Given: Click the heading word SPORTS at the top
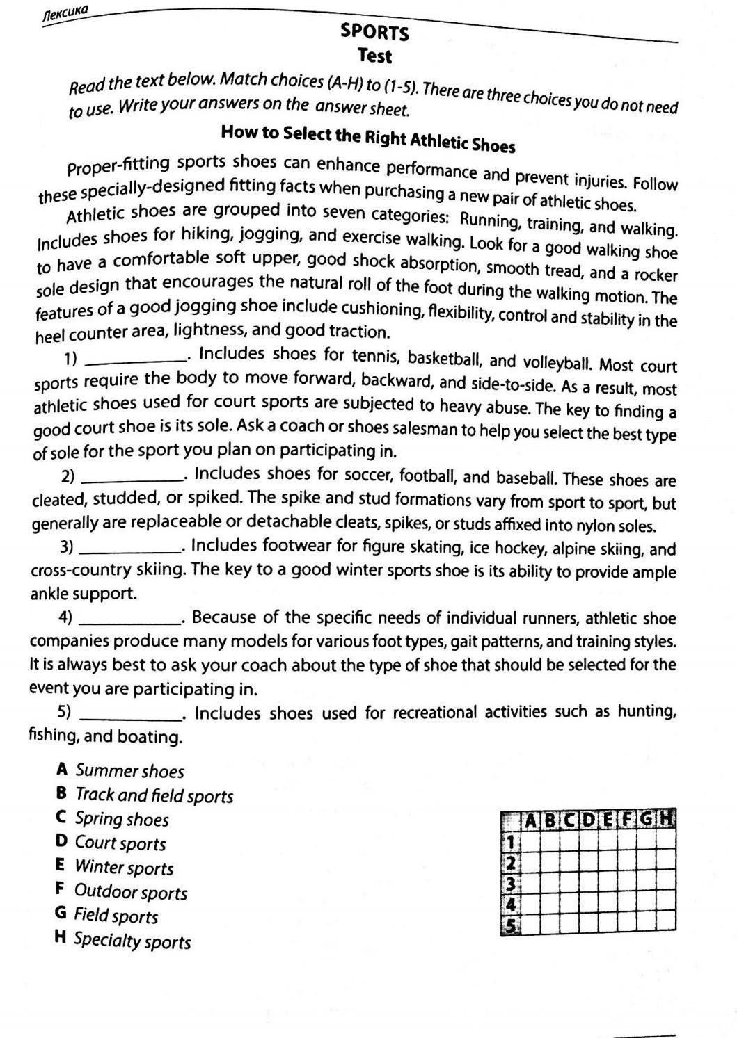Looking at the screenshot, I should (x=374, y=32).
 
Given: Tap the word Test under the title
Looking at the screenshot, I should (x=374, y=56).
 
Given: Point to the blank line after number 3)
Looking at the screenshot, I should (x=129, y=549).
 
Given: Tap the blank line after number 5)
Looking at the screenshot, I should (x=130, y=715).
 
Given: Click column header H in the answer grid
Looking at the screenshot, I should (x=666, y=818).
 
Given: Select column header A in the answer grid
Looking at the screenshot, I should (x=530, y=821).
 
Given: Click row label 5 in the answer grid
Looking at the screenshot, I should (x=511, y=926).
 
